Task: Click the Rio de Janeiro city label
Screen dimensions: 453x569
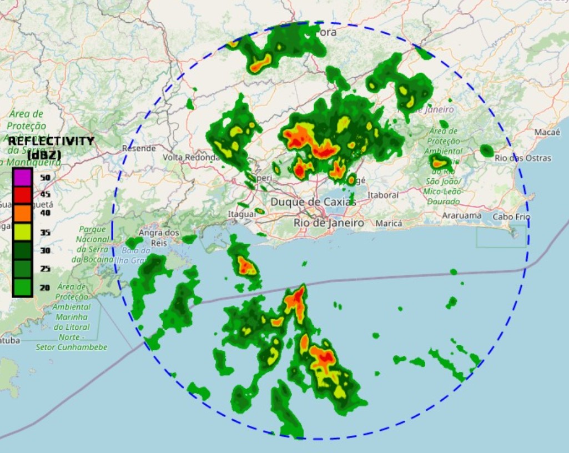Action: tap(329, 223)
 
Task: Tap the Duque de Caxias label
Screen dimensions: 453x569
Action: tap(313, 202)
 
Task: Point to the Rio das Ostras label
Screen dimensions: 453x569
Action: tap(523, 158)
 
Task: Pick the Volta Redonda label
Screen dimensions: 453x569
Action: tap(192, 158)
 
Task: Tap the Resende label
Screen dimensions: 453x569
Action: tap(139, 148)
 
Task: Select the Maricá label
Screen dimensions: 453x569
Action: tap(389, 223)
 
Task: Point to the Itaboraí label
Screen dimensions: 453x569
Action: tap(383, 195)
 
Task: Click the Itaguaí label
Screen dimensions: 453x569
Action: tap(241, 214)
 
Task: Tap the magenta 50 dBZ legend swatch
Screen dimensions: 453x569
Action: tap(22, 177)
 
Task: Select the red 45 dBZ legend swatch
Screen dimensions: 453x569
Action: tap(22, 195)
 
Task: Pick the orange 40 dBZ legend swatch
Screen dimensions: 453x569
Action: tap(22, 213)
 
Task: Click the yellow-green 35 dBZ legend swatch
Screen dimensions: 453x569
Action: tap(22, 231)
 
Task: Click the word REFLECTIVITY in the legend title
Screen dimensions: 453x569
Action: tap(51, 141)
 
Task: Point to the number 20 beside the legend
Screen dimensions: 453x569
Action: tap(45, 288)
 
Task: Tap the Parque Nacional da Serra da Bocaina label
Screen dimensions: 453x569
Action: tap(92, 244)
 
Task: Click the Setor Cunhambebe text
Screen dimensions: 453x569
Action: tap(72, 347)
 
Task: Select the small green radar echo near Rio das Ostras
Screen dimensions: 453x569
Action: tap(487, 150)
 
